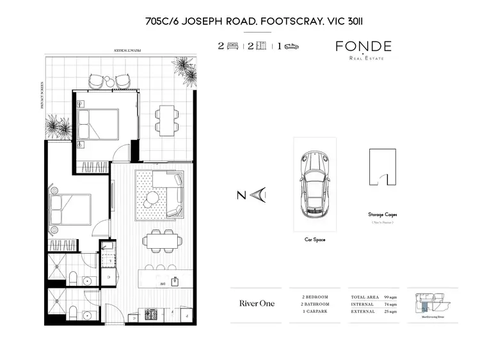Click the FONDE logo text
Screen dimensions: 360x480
pyautogui.click(x=364, y=47)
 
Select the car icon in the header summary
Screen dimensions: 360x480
pyautogui.click(x=291, y=47)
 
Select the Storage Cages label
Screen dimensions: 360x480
pyautogui.click(x=382, y=215)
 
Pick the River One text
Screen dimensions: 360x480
pyautogui.click(x=257, y=303)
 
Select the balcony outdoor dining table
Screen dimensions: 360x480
pyautogui.click(x=165, y=118)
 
